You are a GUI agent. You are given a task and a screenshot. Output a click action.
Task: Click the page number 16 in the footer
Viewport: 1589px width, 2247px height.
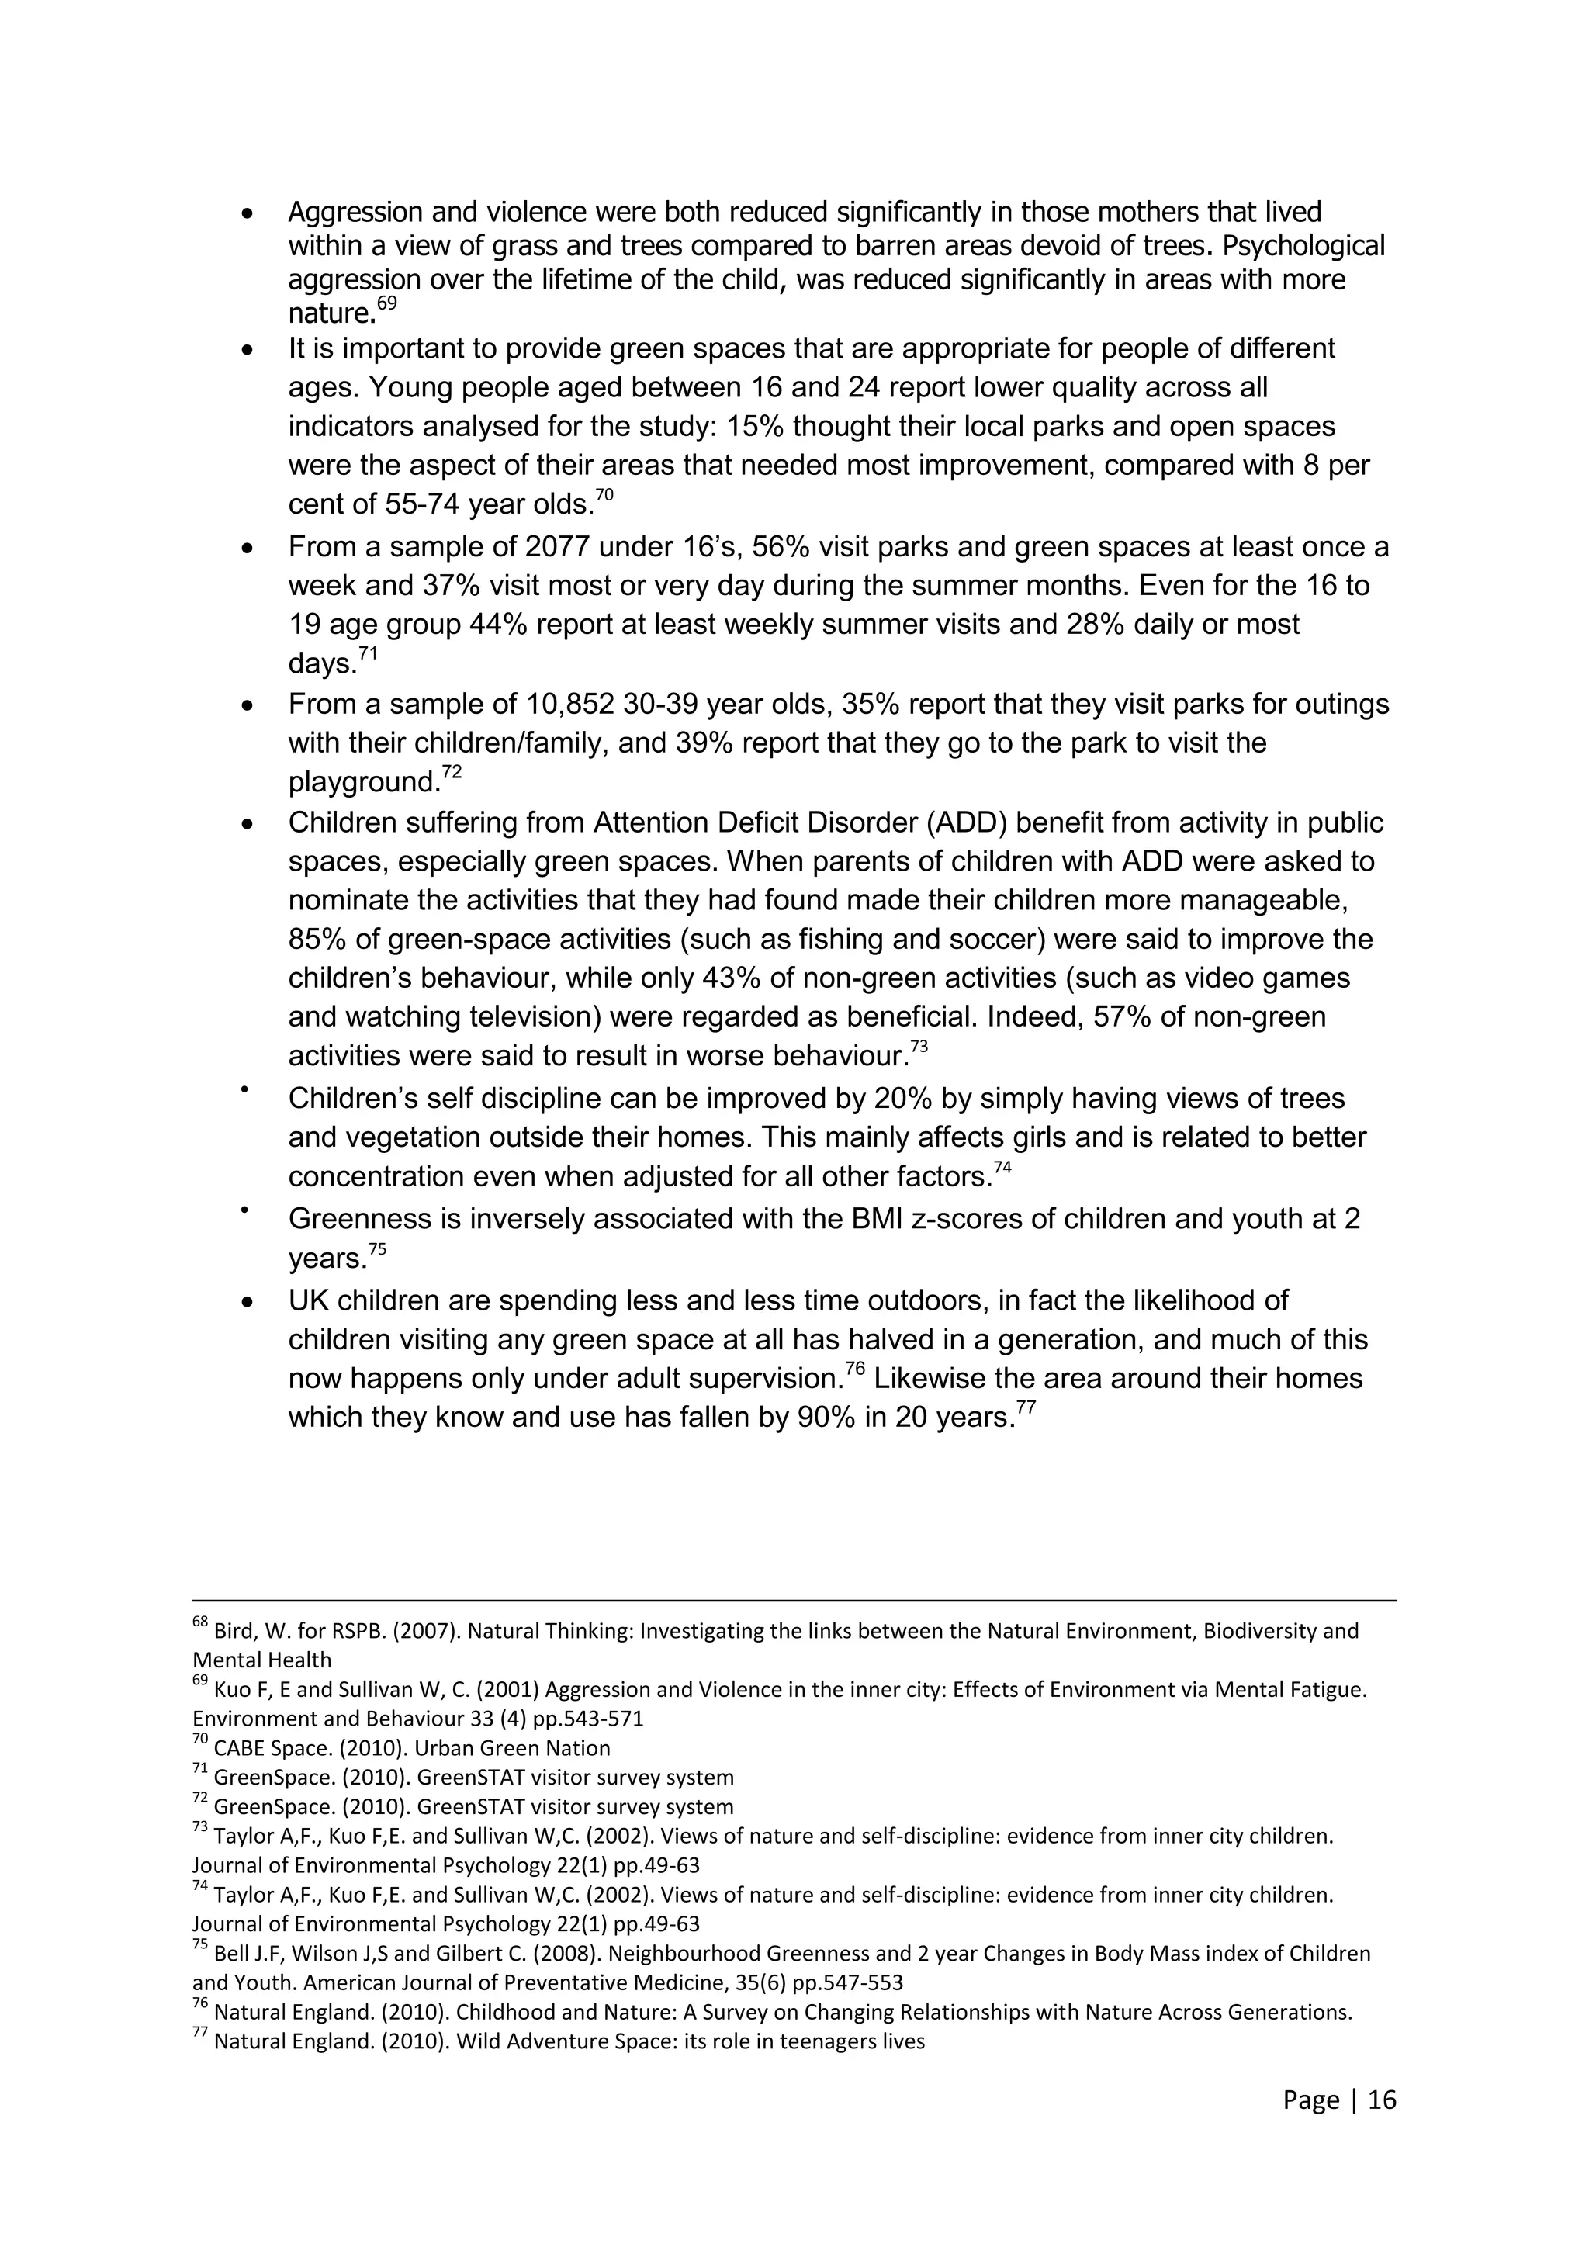click(1382, 2100)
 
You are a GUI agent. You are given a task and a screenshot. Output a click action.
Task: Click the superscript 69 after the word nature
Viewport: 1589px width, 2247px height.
click(386, 303)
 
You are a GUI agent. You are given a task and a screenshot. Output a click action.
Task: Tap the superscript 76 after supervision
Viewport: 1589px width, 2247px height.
click(854, 1369)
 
